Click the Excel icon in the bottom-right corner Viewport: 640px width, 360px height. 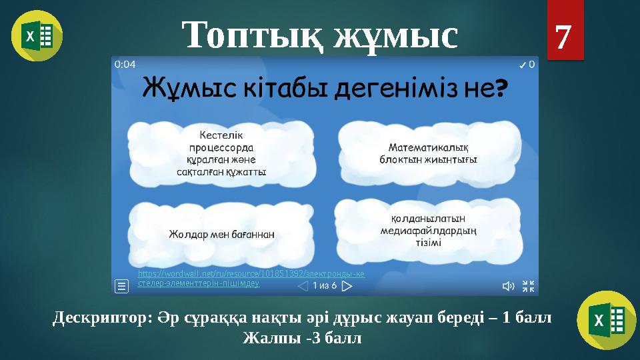(x=606, y=321)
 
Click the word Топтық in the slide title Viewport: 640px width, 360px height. (x=249, y=35)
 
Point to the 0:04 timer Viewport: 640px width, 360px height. (x=126, y=65)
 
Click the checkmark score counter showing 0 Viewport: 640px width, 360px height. (x=527, y=65)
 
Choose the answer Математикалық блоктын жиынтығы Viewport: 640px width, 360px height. (x=427, y=153)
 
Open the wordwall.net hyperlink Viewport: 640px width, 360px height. (x=251, y=279)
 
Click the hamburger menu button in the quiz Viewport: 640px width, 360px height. (x=122, y=286)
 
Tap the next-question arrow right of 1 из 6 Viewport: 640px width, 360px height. (x=346, y=286)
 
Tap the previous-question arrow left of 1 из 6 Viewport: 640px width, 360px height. (x=302, y=286)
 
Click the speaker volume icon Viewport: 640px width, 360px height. (x=507, y=286)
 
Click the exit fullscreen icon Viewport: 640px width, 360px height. (x=527, y=286)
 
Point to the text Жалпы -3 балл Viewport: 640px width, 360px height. (x=302, y=337)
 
